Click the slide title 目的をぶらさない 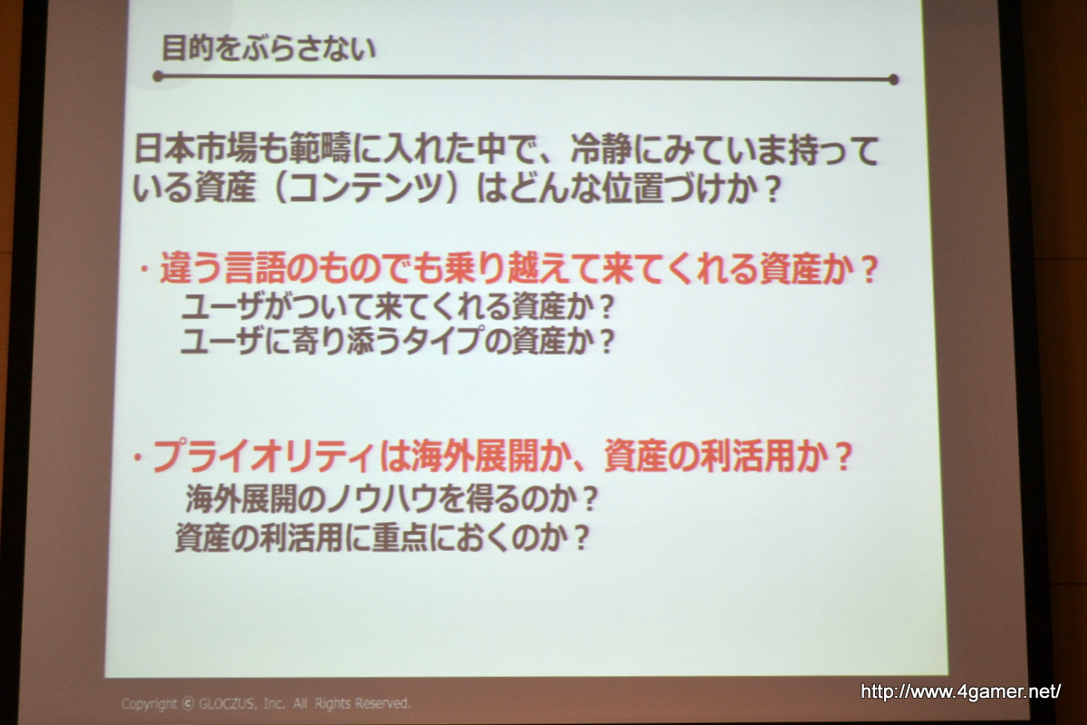click(x=268, y=49)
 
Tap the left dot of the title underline click(x=158, y=76)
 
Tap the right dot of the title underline click(x=893, y=80)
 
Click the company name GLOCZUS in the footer click(x=226, y=703)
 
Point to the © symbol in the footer click(x=188, y=703)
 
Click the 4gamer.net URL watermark click(x=960, y=691)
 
